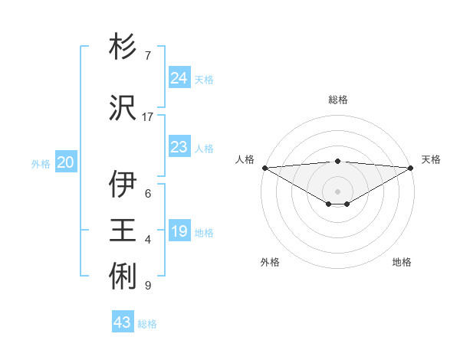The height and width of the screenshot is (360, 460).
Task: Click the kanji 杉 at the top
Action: click(x=123, y=47)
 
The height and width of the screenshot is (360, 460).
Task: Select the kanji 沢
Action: click(x=123, y=108)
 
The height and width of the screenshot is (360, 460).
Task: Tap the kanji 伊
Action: click(x=123, y=185)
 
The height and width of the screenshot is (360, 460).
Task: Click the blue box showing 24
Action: click(x=179, y=77)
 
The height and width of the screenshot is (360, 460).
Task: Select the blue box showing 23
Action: click(x=179, y=147)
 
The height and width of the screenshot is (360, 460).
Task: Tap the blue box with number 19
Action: click(x=179, y=231)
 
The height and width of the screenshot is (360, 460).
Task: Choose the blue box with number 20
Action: click(x=66, y=162)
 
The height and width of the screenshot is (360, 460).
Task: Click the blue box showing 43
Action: click(x=123, y=322)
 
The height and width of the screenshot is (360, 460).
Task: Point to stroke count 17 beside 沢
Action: click(x=148, y=117)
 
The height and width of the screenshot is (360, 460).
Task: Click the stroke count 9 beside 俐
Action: click(x=147, y=286)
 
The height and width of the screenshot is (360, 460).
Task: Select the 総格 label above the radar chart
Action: click(x=338, y=100)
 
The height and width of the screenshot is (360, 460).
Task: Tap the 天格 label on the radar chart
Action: click(x=431, y=159)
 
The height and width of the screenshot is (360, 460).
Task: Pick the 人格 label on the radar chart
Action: click(x=245, y=159)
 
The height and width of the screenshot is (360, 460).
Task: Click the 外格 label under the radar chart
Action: click(x=270, y=262)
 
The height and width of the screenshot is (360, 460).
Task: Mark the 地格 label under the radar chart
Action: click(x=402, y=262)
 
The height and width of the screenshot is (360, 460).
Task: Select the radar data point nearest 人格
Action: click(x=264, y=168)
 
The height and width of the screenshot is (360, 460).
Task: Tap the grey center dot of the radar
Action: click(x=337, y=191)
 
